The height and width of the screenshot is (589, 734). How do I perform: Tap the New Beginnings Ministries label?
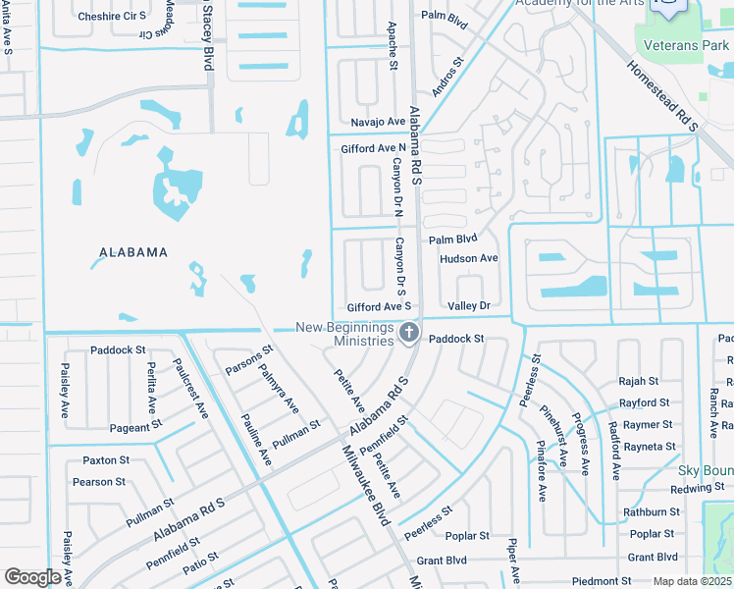344,335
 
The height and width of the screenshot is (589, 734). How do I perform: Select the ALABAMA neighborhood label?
133,252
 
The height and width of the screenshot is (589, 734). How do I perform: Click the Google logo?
32,577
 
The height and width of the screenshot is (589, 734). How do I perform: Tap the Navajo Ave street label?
379,122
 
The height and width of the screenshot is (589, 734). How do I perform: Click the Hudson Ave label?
469,258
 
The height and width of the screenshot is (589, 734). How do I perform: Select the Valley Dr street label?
469,306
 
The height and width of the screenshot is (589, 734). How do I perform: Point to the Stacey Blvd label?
207,36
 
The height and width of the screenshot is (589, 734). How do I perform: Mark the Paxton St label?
106,460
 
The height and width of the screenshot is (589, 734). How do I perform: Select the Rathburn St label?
652,511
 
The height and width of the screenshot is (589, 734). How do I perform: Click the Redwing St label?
698,488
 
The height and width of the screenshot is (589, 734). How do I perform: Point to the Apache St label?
392,46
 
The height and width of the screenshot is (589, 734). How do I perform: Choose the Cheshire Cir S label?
111,17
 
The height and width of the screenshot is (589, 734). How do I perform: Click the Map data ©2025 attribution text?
691,581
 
